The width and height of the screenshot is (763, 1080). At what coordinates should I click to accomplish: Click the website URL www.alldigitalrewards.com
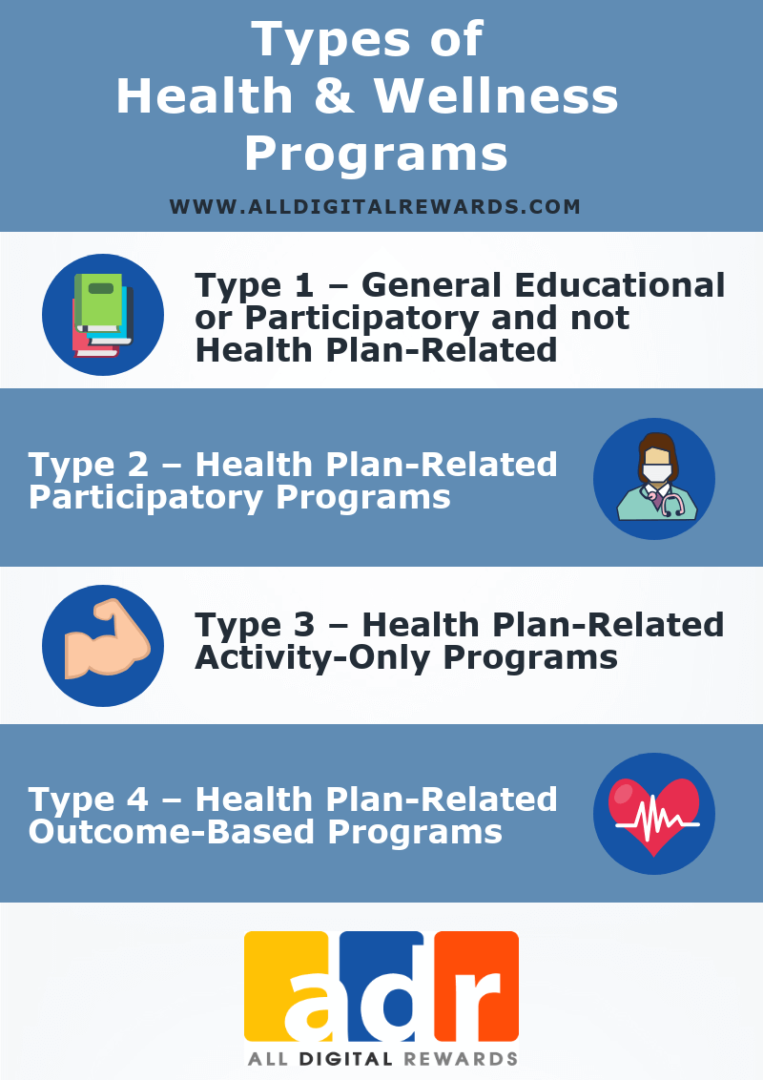[375, 207]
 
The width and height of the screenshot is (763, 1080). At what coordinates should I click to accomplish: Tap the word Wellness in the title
[496, 97]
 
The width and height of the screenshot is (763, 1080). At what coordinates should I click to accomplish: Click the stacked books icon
[102, 315]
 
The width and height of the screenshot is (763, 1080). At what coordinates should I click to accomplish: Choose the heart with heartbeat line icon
[654, 813]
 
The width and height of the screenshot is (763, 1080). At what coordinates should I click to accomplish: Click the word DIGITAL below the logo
[344, 1058]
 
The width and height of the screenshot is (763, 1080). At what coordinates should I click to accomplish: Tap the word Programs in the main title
[375, 154]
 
